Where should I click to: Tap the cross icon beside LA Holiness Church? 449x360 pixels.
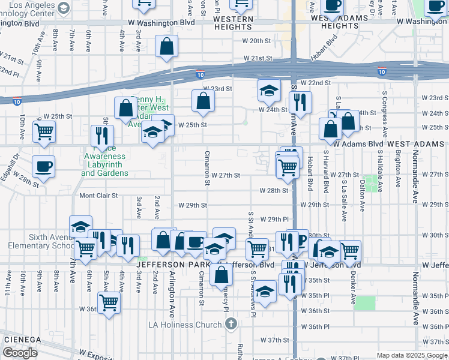tap(231, 325)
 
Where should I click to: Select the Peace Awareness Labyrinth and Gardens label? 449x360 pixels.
tap(104, 164)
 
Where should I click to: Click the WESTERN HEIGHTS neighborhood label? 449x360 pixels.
tap(233, 19)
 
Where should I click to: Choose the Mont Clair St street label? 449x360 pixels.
tap(99, 196)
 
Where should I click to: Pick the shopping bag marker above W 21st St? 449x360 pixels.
tap(166, 46)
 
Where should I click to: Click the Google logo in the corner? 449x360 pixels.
tap(20, 353)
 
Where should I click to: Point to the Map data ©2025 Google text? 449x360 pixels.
tap(411, 355)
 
